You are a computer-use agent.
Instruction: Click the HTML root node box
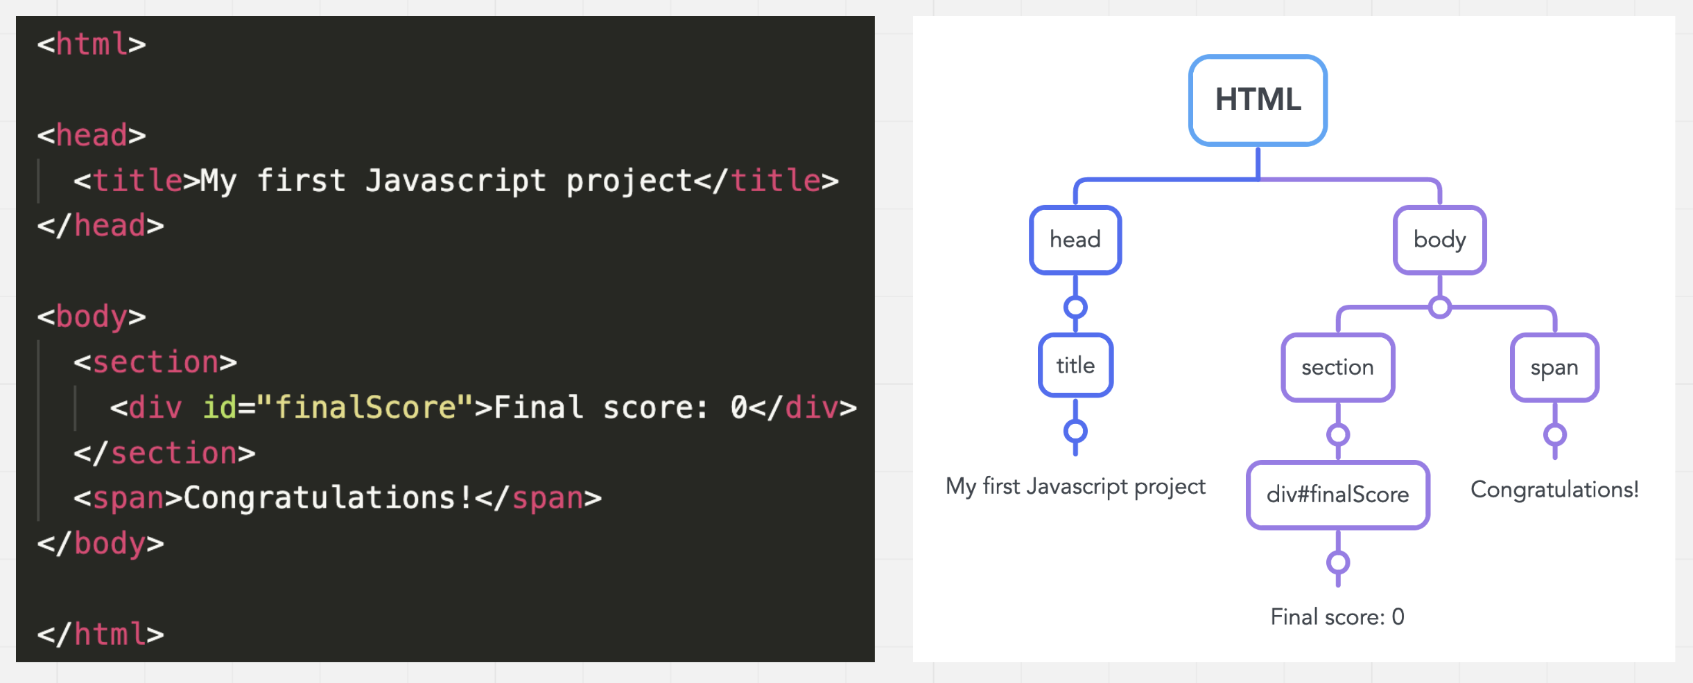1258,100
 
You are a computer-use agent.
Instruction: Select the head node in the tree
1075,240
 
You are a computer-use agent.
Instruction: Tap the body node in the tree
1440,240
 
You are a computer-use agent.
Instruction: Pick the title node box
1075,365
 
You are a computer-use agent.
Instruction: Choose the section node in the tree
1338,367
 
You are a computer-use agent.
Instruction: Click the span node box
1555,367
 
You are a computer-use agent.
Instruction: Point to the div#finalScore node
1338,495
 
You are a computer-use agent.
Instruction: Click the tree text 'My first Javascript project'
1075,486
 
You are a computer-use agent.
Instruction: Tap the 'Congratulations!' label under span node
1555,490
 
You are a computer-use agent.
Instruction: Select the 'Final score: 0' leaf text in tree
1337,617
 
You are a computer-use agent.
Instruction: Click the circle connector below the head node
1075,307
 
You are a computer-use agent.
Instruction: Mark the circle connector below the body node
1440,307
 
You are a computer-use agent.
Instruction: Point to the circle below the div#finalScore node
1338,562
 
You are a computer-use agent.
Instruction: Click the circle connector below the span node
1555,435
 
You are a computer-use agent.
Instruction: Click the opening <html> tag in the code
92,44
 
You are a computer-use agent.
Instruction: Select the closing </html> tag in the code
101,635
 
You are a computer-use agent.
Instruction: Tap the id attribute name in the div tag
219,407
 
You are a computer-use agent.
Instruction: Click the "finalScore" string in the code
365,407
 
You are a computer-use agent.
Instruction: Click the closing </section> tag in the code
165,453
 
